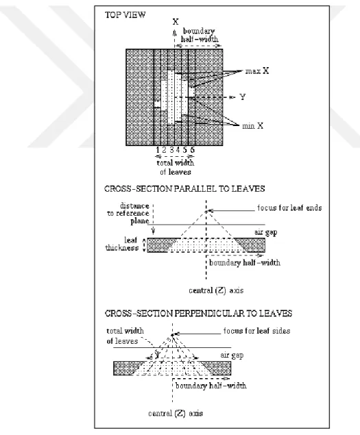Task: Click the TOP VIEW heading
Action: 125,14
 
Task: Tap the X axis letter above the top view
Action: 176,22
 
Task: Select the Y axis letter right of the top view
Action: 243,97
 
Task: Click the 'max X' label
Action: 257,71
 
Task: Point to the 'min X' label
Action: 252,126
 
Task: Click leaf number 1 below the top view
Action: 158,150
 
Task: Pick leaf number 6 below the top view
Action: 192,150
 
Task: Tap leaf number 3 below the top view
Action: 171,150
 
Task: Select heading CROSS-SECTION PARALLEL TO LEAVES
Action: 184,189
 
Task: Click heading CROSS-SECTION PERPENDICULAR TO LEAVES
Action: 198,314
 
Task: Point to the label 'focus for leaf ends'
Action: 289,208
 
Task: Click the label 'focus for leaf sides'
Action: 256,331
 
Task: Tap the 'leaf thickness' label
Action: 122,244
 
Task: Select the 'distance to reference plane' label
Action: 128,213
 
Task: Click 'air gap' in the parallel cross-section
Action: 266,232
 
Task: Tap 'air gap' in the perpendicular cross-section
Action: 232,356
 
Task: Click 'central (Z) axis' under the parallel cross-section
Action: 216,290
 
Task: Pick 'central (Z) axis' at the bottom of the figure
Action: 176,413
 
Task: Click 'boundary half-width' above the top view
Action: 200,35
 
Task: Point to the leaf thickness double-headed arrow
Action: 144,245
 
